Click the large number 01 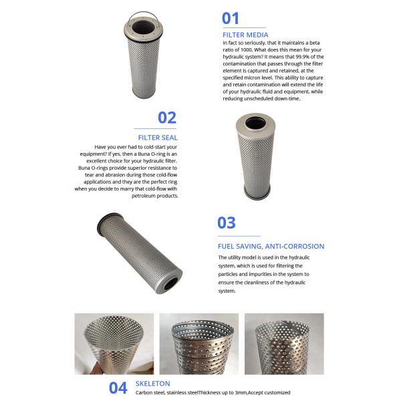point(231,19)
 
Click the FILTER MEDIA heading point(245,34)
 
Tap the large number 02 point(167,118)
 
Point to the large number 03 point(227,223)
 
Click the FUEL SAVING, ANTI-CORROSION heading point(271,246)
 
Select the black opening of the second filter point(255,124)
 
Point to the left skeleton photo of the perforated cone point(110,344)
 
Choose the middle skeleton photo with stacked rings point(198,344)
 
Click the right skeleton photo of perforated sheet point(284,344)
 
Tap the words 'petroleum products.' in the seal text point(154,196)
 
